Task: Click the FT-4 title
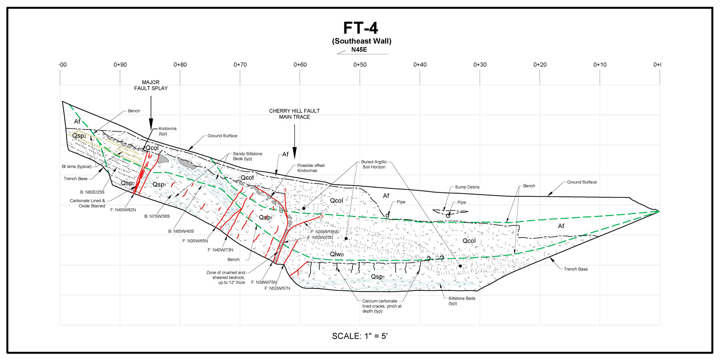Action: pyautogui.click(x=360, y=28)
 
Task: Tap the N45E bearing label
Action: pyautogui.click(x=359, y=50)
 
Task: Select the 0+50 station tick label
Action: pyautogui.click(x=360, y=65)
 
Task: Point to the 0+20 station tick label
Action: pyautogui.click(x=540, y=65)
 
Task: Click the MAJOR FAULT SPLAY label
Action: pyautogui.click(x=151, y=85)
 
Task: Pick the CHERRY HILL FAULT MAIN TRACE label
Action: pyautogui.click(x=294, y=114)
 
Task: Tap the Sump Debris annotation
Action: pyautogui.click(x=467, y=187)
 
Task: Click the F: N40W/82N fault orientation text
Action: pyautogui.click(x=123, y=210)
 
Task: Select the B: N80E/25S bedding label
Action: pyautogui.click(x=92, y=192)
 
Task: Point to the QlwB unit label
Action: pyautogui.click(x=337, y=254)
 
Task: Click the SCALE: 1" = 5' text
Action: pyautogui.click(x=360, y=336)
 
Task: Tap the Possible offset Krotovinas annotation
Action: pyautogui.click(x=311, y=168)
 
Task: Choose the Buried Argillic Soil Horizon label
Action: pyautogui.click(x=374, y=164)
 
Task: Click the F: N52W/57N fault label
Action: pyautogui.click(x=277, y=288)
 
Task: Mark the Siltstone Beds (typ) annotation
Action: pyautogui.click(x=462, y=301)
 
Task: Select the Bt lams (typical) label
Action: pyautogui.click(x=76, y=167)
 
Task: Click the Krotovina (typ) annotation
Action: pyautogui.click(x=167, y=131)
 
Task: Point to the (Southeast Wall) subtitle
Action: pyautogui.click(x=362, y=41)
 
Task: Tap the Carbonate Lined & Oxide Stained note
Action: pyautogui.click(x=88, y=203)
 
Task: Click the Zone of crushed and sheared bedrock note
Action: pyautogui.click(x=226, y=278)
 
